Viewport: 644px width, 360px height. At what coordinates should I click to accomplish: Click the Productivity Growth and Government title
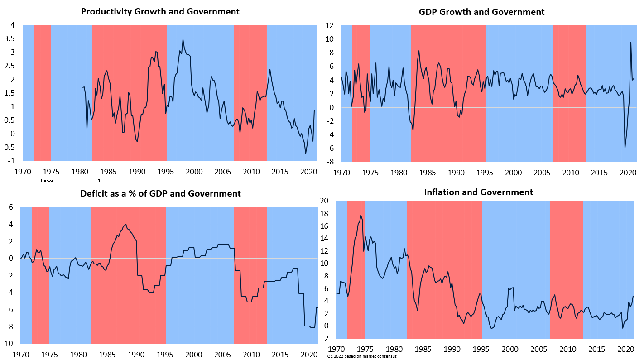(x=160, y=11)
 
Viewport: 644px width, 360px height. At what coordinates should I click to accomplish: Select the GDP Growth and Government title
(x=482, y=12)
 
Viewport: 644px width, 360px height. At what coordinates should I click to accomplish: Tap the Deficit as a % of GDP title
(x=160, y=193)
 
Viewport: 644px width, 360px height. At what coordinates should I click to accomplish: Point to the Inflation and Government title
(x=478, y=192)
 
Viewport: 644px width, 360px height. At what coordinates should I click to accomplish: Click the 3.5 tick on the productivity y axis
(x=9, y=38)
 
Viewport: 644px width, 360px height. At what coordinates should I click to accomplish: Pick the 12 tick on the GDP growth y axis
(x=330, y=25)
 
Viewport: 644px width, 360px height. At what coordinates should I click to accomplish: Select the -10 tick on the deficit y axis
(x=9, y=343)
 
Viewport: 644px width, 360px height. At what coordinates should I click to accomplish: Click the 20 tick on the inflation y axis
(x=325, y=201)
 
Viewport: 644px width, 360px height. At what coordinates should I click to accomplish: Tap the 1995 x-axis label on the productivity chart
(x=165, y=172)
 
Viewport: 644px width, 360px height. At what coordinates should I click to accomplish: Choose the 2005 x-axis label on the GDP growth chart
(x=542, y=173)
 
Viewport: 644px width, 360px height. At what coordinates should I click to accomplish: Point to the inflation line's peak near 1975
(x=361, y=216)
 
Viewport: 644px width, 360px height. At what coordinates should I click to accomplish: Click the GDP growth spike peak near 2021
(x=631, y=43)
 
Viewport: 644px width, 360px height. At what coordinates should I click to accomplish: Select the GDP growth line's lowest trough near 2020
(x=625, y=148)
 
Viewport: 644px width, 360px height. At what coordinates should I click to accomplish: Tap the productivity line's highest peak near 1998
(x=183, y=39)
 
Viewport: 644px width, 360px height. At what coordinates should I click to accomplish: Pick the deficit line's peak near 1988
(x=125, y=224)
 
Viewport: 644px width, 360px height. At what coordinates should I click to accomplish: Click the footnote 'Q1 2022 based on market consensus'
(x=362, y=356)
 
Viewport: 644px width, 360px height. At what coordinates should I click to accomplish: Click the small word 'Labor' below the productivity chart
(x=47, y=181)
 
